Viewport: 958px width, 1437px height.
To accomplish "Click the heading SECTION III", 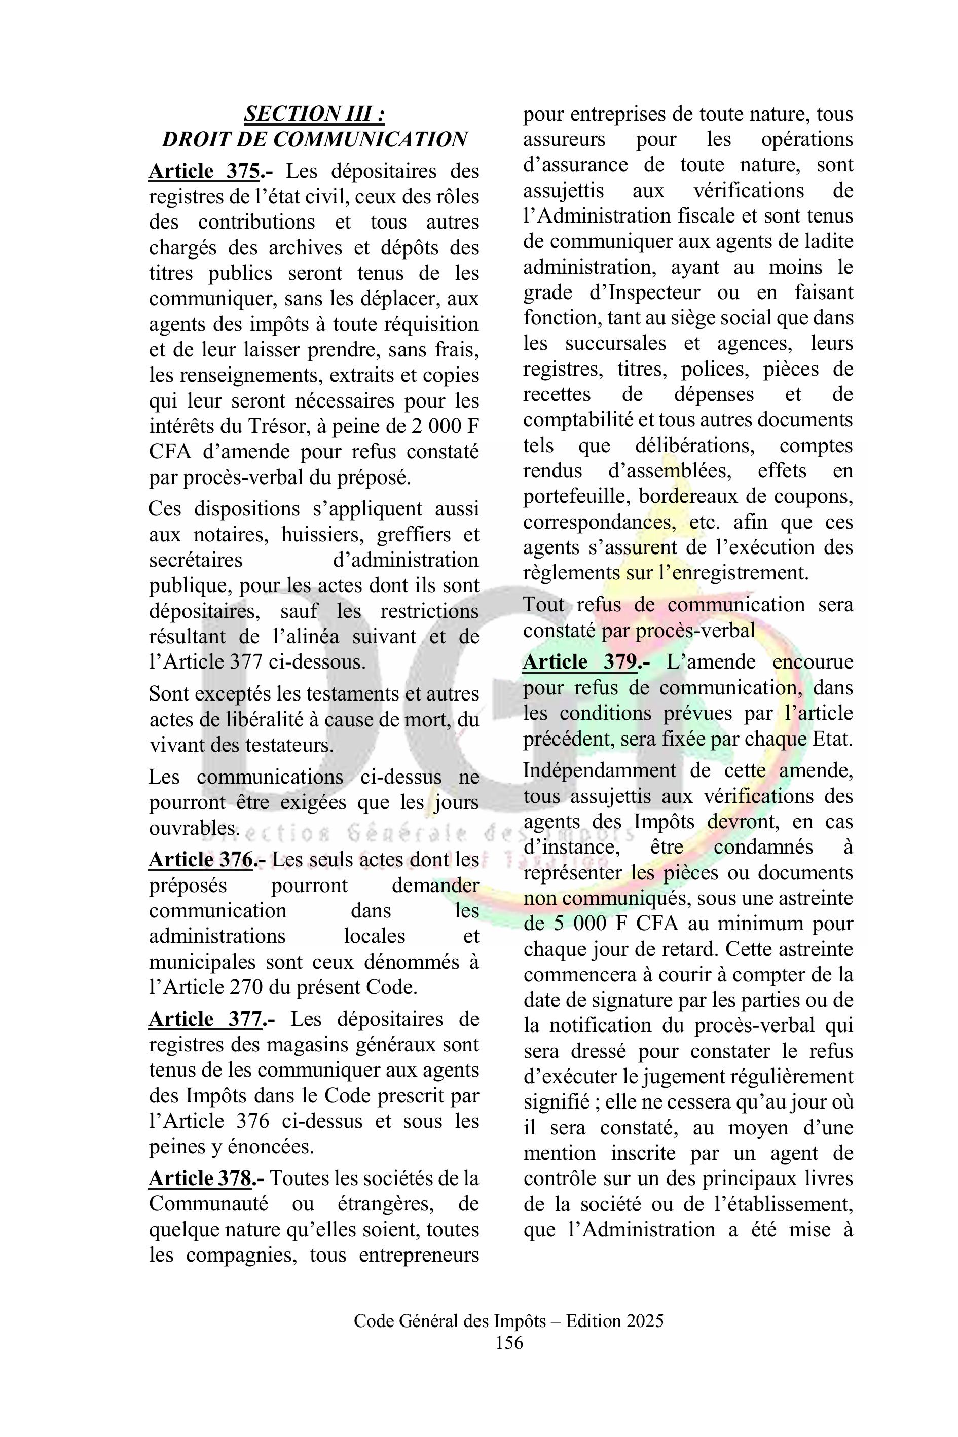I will (x=314, y=114).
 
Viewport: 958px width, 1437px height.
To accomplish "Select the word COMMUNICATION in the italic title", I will (x=370, y=139).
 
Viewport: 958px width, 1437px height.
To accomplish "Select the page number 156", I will (x=509, y=1342).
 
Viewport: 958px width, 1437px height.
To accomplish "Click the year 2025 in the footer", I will (x=644, y=1321).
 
